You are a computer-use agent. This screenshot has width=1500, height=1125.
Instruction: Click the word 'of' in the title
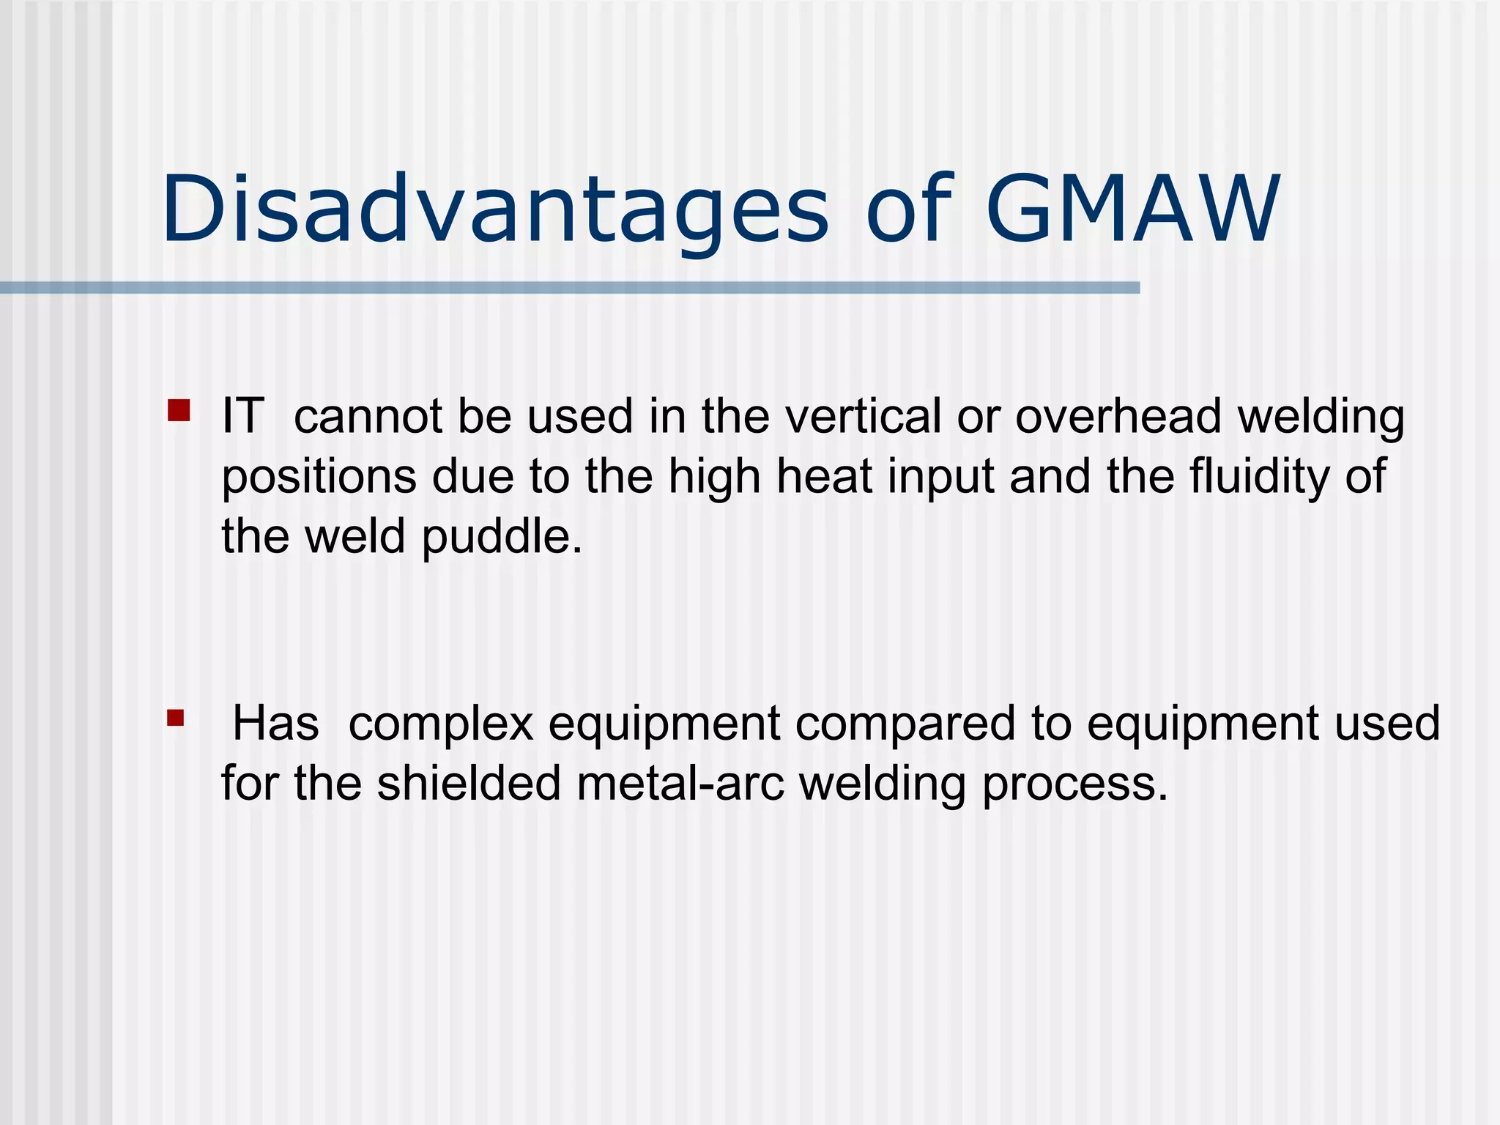pos(909,211)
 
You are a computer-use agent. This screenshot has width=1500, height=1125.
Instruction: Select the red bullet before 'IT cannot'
pos(179,410)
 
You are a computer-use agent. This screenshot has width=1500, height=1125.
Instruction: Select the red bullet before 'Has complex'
pos(175,717)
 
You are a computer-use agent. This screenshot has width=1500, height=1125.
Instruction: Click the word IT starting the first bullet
pos(242,416)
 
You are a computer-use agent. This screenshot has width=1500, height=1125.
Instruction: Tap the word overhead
pos(1118,416)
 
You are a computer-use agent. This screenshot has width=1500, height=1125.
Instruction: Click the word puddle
pos(502,536)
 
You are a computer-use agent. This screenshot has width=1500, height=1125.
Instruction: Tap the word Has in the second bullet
pos(275,724)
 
